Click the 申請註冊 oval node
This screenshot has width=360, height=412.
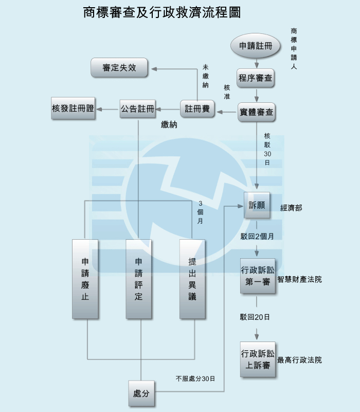tap(256, 46)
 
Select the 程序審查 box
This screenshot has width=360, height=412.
tap(256, 79)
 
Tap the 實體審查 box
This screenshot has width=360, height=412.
tap(256, 112)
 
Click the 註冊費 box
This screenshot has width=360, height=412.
tap(197, 109)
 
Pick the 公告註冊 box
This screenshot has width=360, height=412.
tap(137, 109)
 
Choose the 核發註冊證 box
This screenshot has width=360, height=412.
tap(73, 108)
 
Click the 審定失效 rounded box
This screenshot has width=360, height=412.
tap(119, 68)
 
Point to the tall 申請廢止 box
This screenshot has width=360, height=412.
tap(85, 278)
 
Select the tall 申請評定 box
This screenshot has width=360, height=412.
tap(139, 278)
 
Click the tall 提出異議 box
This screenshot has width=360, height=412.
tap(192, 278)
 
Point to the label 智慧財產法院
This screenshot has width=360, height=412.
tap(299, 280)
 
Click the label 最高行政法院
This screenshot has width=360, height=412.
tap(299, 360)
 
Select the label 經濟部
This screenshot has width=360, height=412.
tap(291, 208)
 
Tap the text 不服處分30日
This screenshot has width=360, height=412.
tap(195, 379)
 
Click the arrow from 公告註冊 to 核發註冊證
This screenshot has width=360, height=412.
tap(107, 109)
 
